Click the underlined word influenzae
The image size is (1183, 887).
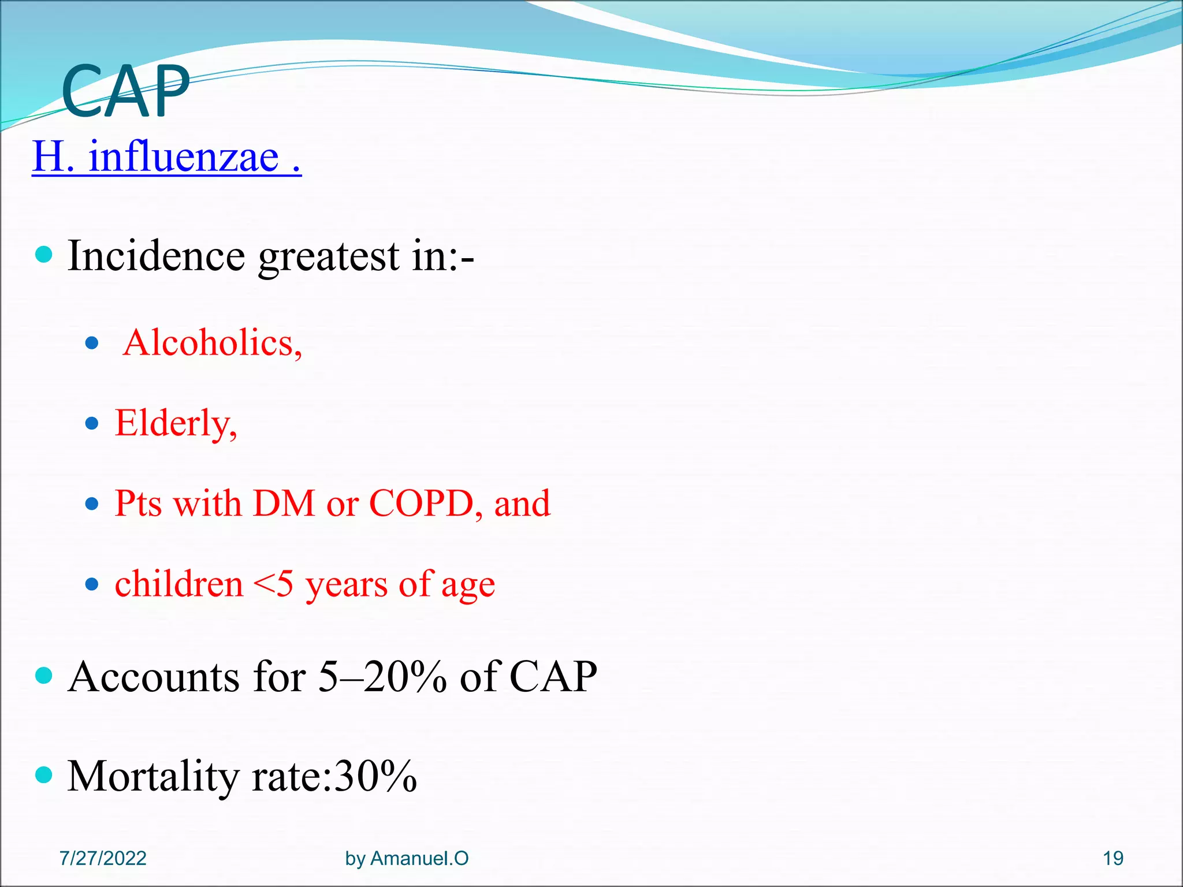(184, 157)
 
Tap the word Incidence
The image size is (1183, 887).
(156, 256)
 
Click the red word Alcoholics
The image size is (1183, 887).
(212, 343)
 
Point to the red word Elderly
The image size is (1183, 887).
(176, 424)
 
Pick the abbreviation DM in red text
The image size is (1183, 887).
(284, 504)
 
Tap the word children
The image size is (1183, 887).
(179, 584)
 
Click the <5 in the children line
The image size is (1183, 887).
(273, 584)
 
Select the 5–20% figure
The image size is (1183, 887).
(382, 677)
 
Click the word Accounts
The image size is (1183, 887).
(154, 677)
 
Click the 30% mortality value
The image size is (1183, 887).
(375, 777)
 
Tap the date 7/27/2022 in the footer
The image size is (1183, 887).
(103, 858)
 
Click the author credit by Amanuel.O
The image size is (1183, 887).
(407, 858)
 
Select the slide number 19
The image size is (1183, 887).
(1113, 858)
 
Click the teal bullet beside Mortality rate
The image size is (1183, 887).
(44, 774)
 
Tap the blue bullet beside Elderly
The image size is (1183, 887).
(92, 424)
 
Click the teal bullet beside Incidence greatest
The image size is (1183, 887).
(44, 254)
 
